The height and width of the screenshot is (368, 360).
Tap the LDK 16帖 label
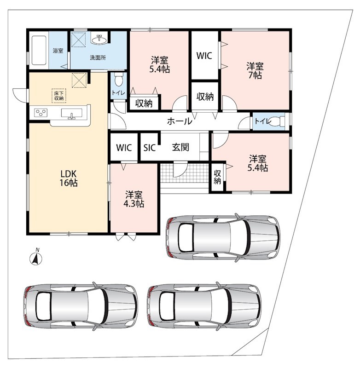pyautogui.click(x=68, y=178)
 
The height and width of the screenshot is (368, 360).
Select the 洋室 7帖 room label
pyautogui.click(x=255, y=71)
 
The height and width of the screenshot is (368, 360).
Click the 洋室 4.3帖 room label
pyautogui.click(x=134, y=199)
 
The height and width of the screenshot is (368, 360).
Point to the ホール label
pyautogui.click(x=180, y=121)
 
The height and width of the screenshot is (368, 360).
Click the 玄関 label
pyautogui.click(x=180, y=147)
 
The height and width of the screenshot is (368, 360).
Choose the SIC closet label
pyautogui.click(x=150, y=148)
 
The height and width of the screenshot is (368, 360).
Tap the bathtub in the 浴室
pyautogui.click(x=39, y=50)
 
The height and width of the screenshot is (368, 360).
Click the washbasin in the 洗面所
pyautogui.click(x=100, y=40)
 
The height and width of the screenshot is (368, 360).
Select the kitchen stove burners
pyautogui.click(x=41, y=112)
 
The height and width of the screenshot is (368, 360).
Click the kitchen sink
pyautogui.click(x=72, y=113)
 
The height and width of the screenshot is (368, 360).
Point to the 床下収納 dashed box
pyautogui.click(x=59, y=96)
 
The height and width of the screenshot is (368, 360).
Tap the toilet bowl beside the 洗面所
pyautogui.click(x=119, y=80)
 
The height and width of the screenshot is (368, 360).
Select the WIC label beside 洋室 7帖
pyautogui.click(x=204, y=56)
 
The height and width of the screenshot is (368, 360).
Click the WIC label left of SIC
pyautogui.click(x=124, y=148)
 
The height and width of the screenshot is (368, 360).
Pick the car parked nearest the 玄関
pyautogui.click(x=223, y=237)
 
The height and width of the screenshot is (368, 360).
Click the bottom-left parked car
pyautogui.click(x=81, y=306)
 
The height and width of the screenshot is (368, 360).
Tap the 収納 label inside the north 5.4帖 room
pyautogui.click(x=144, y=103)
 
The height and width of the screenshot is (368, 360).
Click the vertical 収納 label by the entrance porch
pyautogui.click(x=217, y=177)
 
